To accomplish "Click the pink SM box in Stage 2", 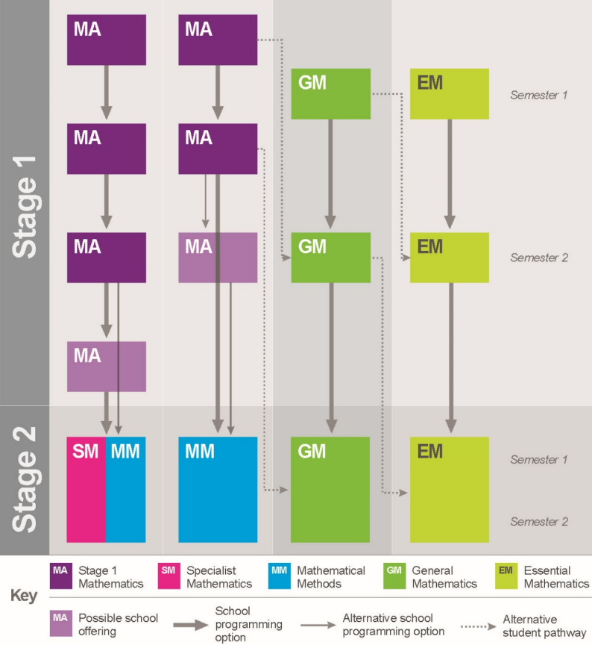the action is tap(86, 490).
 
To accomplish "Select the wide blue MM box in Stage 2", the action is tap(218, 490).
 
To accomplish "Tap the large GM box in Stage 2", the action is tap(330, 490).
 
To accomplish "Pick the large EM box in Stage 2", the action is tap(450, 490).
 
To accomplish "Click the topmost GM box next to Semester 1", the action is tap(331, 94).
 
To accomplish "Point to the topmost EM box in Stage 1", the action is tap(450, 94).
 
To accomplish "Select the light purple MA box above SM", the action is tap(107, 367).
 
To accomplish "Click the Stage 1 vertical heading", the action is tap(25, 207).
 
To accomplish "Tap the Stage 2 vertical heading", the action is tap(25, 479).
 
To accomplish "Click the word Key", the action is tap(24, 595).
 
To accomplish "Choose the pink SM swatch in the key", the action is tap(169, 576).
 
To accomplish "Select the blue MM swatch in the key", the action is tap(280, 576).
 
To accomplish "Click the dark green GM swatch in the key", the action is tap(394, 576).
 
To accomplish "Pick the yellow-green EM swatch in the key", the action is tap(506, 576).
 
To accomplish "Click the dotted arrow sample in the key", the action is tap(479, 626).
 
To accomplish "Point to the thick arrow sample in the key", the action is tap(191, 626).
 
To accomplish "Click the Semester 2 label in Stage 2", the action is tap(539, 522).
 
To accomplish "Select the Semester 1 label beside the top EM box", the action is tap(539, 95).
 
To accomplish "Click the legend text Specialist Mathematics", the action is tap(219, 577).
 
